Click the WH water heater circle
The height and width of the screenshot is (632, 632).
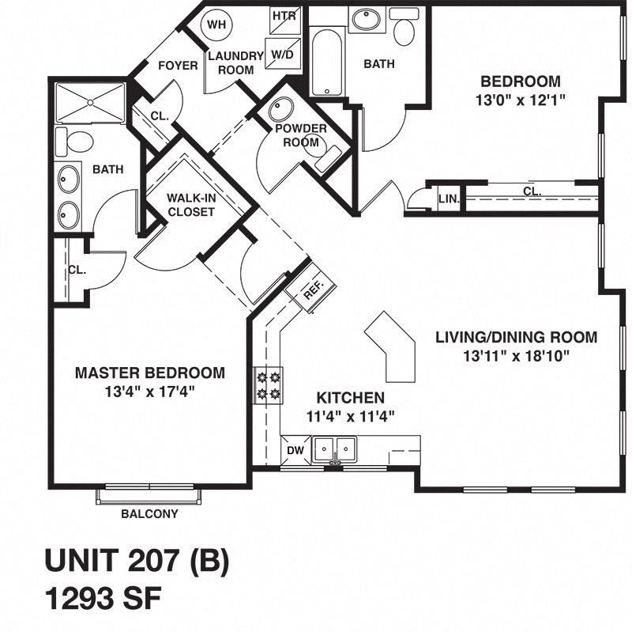pyautogui.click(x=216, y=25)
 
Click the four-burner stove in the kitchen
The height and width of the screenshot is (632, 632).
pyautogui.click(x=267, y=385)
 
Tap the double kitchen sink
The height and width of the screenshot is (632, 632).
pyautogui.click(x=335, y=449)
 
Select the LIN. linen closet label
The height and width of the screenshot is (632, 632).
pyautogui.click(x=448, y=199)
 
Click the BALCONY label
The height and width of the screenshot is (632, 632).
pyautogui.click(x=149, y=513)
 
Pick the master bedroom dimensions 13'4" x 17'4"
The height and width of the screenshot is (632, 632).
pyautogui.click(x=149, y=390)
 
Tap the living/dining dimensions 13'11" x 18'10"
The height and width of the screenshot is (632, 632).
pyautogui.click(x=516, y=355)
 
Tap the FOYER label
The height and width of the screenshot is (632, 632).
pyautogui.click(x=178, y=66)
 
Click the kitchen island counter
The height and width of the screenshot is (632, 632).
pyautogui.click(x=393, y=345)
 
